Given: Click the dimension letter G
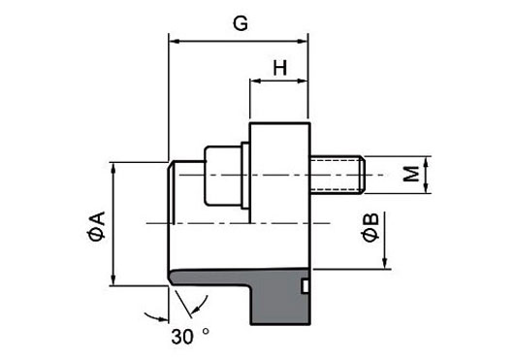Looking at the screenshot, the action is pos(241,23).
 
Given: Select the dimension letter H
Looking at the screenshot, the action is pos(280,68).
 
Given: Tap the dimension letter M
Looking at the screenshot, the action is pos(411,174).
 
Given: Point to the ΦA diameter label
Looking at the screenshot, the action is pos(96,226).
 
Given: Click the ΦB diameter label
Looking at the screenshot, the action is pos(370,227).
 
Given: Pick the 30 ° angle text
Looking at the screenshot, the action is pos(190,336).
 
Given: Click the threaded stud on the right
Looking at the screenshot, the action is pos(337,175).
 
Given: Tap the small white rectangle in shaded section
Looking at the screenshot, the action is pos(305,286).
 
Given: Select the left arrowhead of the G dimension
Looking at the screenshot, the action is pos(174,42).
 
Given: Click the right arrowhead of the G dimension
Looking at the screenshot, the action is pos(303,42).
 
